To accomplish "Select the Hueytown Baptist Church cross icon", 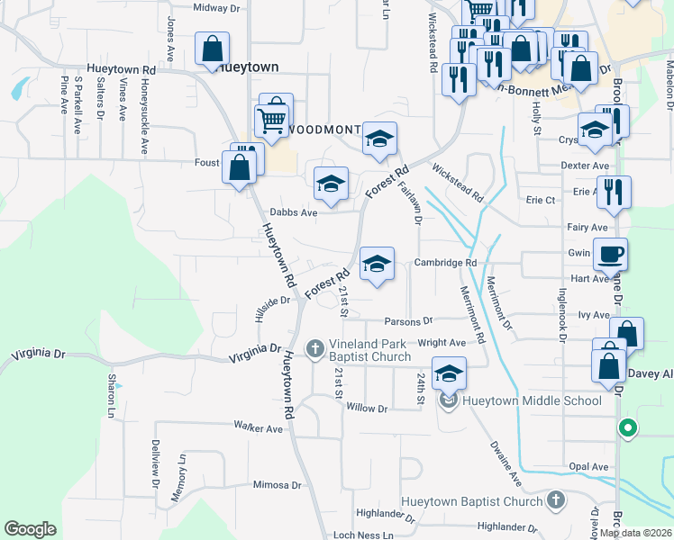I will click(x=556, y=500).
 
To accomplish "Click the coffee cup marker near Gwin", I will click(x=610, y=255).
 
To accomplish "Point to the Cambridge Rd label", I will click(x=445, y=263).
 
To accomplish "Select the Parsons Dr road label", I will click(x=408, y=320).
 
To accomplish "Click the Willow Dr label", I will click(x=366, y=409).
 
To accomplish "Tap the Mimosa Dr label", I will click(x=277, y=484).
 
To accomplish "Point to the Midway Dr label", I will click(x=216, y=7).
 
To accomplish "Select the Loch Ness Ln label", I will click(x=363, y=535).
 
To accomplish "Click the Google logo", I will click(x=30, y=529).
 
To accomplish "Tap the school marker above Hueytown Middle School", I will click(x=449, y=372).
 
